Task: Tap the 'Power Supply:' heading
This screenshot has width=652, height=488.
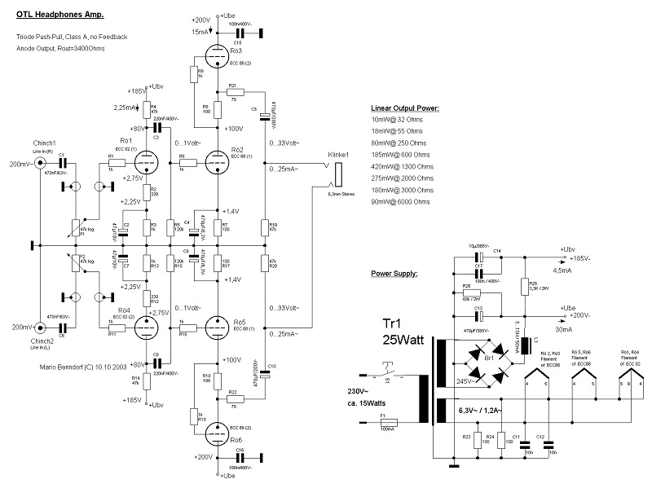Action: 394,274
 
